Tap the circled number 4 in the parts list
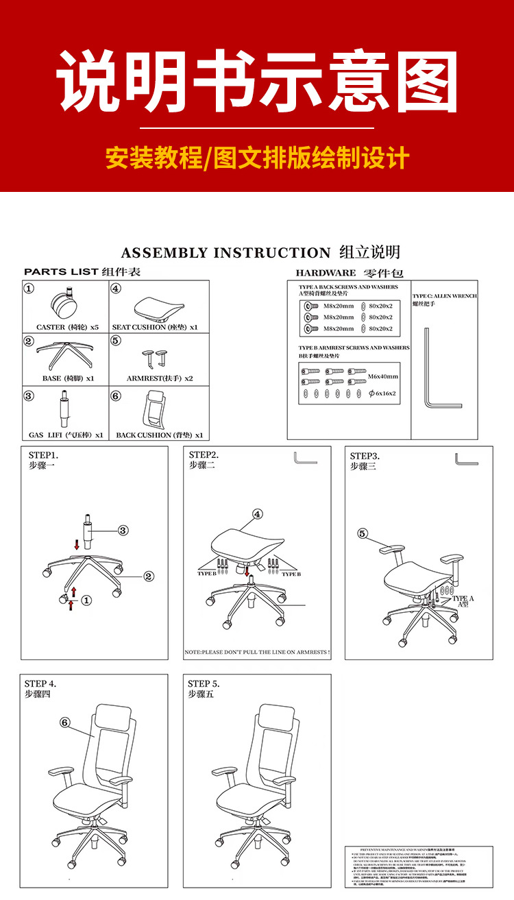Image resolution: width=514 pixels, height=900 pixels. coord(116,289)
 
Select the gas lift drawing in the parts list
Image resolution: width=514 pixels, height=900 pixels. coord(66,411)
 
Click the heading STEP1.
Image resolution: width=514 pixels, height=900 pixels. coord(43,455)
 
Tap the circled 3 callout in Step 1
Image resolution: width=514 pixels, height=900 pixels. coord(123,530)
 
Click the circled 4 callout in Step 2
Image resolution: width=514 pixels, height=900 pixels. coord(258,514)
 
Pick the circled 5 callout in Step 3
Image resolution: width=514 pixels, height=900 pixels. coord(363,533)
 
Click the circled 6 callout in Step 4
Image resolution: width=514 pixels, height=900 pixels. coord(65,722)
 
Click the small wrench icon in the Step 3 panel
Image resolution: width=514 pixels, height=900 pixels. coord(467,459)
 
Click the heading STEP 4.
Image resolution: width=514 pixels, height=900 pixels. coord(40,683)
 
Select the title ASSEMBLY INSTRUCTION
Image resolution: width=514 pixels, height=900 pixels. coord(225,253)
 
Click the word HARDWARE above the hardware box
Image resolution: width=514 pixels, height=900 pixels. coord(326,273)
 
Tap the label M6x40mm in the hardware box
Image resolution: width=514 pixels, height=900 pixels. coord(382,376)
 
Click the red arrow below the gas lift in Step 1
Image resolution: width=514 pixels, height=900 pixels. coord(77,544)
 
